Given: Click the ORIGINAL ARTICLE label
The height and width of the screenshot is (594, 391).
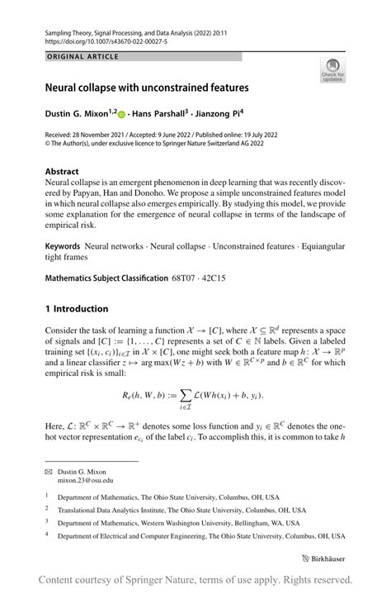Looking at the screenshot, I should point(82,56).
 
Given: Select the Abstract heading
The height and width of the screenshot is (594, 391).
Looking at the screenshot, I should point(63,172).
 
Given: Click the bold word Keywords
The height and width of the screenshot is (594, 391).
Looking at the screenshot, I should point(63,246).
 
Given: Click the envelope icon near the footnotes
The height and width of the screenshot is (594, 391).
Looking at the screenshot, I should point(48,470).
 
